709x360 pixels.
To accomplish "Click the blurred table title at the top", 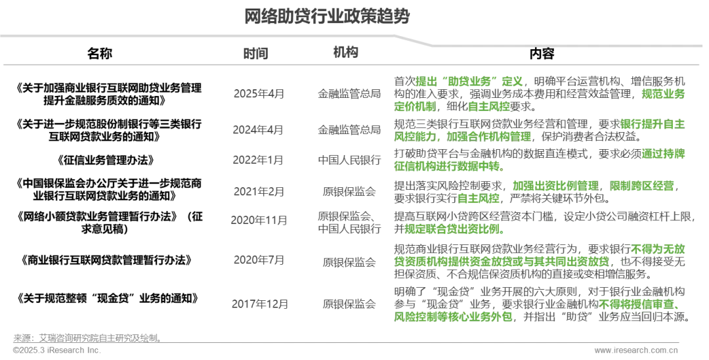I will coord(326,16).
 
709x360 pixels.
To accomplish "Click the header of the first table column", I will coord(249,53).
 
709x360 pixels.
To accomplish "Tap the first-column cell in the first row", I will coord(257,95).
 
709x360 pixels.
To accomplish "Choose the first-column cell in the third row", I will coord(257,160).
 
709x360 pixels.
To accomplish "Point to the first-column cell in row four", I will coord(257,192).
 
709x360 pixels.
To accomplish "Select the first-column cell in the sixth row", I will coord(257,261).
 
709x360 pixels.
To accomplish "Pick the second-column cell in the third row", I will coord(348,160).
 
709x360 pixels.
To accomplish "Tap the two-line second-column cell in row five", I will coord(348,222).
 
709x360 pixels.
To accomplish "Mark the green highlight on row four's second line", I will coord(477,198).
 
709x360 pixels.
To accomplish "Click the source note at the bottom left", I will coord(85,344).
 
